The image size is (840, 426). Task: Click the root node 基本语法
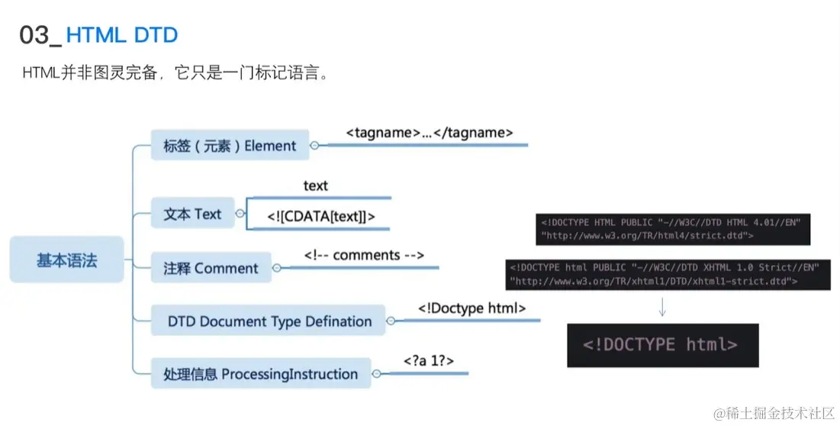pos(66,260)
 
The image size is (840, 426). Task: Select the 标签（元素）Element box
pos(230,145)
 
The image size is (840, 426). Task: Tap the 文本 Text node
pos(192,215)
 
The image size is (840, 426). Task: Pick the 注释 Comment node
pos(211,268)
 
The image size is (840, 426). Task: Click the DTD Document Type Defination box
pos(269,321)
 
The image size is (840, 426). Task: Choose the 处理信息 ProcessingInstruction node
pos(260,374)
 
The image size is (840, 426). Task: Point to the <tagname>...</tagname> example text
pos(429,133)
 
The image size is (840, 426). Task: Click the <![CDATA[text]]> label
pos(321,217)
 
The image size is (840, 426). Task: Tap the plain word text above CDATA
pos(315,186)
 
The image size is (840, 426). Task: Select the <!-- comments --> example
pos(364,255)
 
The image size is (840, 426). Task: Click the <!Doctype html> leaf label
pos(472,308)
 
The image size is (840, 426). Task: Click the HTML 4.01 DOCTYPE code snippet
pos(672,229)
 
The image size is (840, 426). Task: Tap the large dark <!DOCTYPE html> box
pos(661,345)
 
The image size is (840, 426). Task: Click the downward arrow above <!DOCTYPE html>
pos(662,306)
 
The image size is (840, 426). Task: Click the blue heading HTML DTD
pos(122,35)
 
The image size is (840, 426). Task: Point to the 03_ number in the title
pos(40,35)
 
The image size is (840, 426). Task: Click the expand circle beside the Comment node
pos(277,268)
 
